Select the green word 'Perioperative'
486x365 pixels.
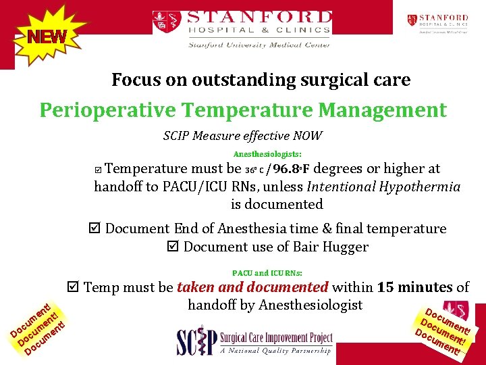click(x=108, y=109)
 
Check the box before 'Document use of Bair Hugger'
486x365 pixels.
click(x=173, y=247)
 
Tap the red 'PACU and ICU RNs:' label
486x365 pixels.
click(x=267, y=273)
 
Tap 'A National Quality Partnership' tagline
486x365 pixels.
click(x=277, y=351)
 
